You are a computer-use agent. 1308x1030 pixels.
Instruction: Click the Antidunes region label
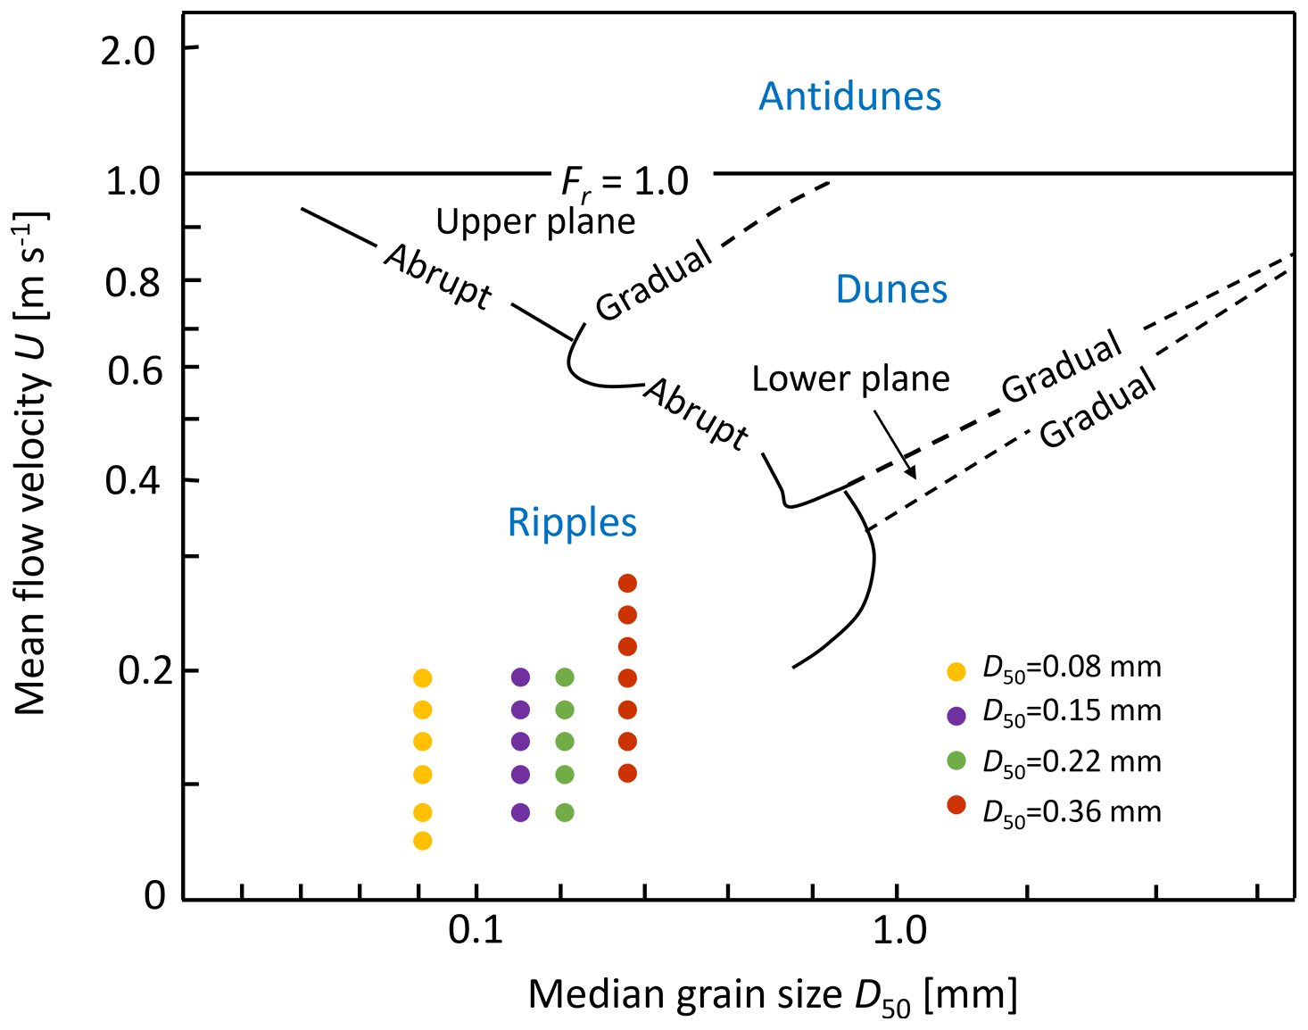pos(849,96)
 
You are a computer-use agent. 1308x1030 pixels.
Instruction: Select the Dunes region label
pos(891,290)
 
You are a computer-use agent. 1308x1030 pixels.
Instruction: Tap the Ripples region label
pos(572,523)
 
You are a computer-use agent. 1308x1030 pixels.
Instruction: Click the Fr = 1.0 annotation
pos(625,183)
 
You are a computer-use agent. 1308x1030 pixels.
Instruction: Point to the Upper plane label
pos(535,221)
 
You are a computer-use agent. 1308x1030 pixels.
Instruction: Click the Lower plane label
pos(850,379)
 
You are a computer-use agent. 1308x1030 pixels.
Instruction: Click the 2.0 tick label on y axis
pos(128,52)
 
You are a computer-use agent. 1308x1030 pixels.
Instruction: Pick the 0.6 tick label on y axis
pos(135,370)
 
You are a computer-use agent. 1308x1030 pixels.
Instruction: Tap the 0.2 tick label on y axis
pos(135,671)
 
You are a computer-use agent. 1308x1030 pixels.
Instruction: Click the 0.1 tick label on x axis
pos(476,930)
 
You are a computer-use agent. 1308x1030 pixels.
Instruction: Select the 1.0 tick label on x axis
pos(898,930)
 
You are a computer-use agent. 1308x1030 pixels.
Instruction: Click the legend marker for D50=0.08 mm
pos(956,671)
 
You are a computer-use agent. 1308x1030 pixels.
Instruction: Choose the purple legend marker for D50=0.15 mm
pos(956,715)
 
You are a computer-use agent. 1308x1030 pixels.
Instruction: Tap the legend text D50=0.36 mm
pos(1072,812)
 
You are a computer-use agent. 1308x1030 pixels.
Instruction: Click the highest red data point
pos(627,584)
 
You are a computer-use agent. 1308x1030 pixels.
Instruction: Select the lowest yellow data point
pos(423,841)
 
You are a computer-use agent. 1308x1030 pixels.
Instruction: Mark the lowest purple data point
pos(520,812)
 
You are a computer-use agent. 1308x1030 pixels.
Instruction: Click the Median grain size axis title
pos(773,996)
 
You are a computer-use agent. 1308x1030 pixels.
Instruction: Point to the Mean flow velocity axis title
pos(32,464)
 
